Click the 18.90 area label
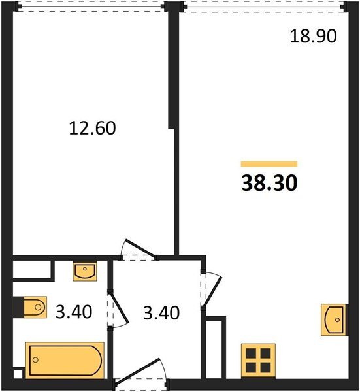(x=313, y=36)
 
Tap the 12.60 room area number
(x=92, y=128)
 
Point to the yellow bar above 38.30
(x=269, y=164)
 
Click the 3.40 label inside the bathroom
(x=73, y=312)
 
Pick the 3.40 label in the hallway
(x=161, y=312)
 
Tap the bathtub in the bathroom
(x=64, y=360)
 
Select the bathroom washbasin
(x=85, y=270)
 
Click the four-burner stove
(x=257, y=360)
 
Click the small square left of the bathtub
(x=18, y=372)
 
